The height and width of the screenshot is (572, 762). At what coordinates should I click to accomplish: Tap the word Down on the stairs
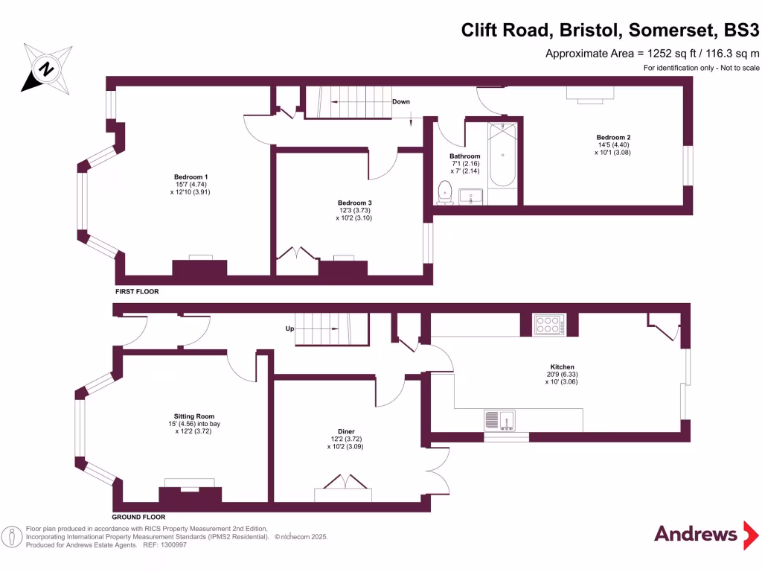pos(400,102)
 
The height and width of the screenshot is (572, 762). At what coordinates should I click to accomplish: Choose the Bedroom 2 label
pos(613,137)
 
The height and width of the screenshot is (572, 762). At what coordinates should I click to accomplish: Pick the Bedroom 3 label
pos(354,203)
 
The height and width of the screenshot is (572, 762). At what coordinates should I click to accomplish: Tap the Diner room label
pos(346,431)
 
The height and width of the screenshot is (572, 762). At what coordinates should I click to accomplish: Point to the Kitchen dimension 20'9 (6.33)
pos(562,375)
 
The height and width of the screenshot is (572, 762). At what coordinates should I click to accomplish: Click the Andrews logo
pos(696,533)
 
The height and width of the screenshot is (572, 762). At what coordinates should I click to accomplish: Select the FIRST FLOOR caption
pos(137,293)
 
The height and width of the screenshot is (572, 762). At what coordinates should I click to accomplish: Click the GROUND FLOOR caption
pos(138,516)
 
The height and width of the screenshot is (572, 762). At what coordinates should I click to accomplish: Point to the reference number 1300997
pos(170,545)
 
